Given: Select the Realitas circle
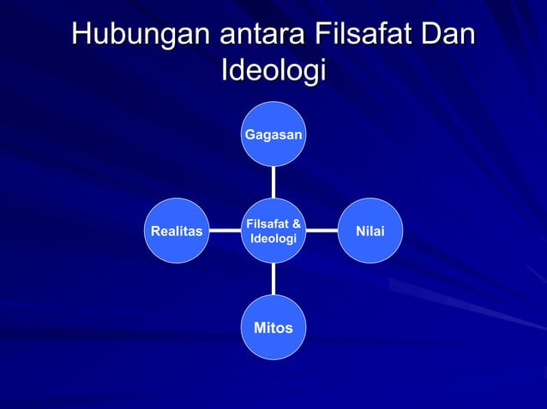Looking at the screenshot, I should [177, 230].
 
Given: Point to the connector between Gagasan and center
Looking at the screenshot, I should [273, 181].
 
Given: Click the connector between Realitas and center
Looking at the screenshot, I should [225, 230].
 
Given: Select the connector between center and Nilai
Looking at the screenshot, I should [322, 230].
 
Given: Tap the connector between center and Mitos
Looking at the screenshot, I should [273, 279].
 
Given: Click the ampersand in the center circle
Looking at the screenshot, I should [295, 224].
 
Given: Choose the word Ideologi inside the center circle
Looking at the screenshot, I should [273, 238].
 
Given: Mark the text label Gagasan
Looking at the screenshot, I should [273, 135].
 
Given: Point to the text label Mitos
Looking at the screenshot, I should [273, 329].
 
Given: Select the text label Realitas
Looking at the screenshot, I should [177, 231].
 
